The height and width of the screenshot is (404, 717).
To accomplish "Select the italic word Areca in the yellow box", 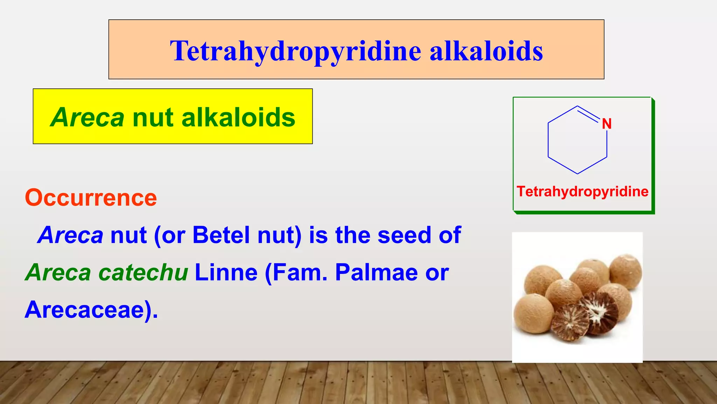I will click(x=87, y=117).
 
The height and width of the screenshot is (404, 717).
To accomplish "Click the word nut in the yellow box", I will click(x=153, y=117).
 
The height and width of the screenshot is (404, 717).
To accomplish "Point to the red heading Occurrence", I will click(x=91, y=198).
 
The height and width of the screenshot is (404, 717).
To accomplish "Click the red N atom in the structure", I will click(x=606, y=124).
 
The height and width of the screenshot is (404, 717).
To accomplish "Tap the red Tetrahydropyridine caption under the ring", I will click(x=583, y=191).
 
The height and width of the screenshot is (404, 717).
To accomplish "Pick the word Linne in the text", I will click(x=226, y=272).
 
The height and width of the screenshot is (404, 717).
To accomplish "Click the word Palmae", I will click(x=376, y=272).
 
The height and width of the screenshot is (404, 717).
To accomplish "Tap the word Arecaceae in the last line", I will click(x=88, y=310).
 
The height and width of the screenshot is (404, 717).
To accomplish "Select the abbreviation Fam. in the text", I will click(x=300, y=272).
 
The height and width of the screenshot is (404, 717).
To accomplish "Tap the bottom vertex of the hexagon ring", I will click(x=577, y=174).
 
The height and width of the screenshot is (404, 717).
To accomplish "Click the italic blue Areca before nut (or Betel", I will click(x=70, y=235).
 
